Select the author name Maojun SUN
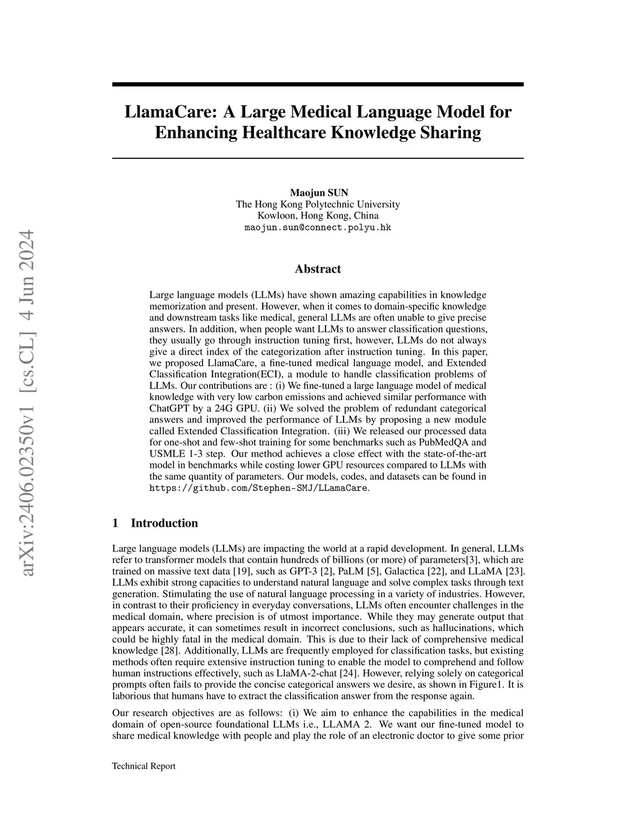pos(318,193)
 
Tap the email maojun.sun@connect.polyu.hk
pos(318,228)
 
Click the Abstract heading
pos(318,269)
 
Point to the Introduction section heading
pos(164,523)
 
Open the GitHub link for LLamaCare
pos(259,488)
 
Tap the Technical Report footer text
pos(143,766)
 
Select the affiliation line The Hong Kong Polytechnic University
pos(318,204)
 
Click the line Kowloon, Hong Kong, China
pos(318,216)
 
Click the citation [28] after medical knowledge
pos(168,650)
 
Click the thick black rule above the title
pos(318,84)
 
